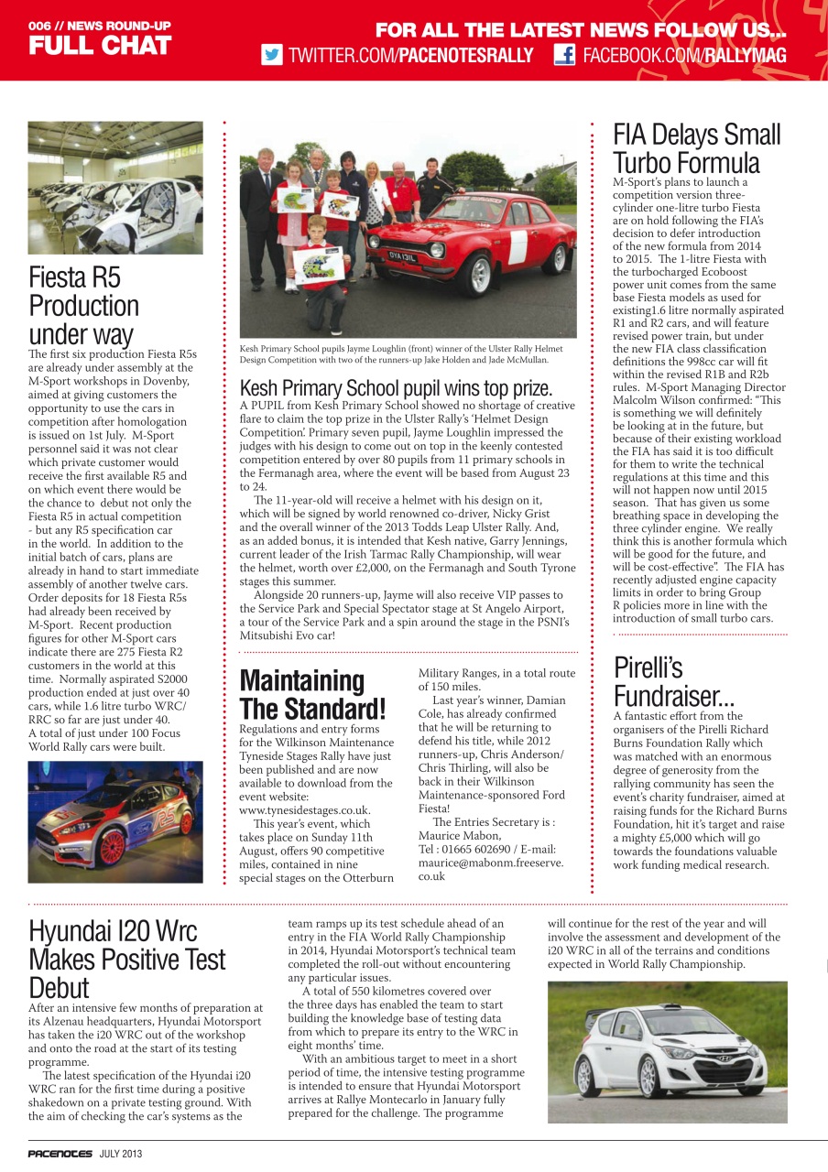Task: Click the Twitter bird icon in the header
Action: click(272, 55)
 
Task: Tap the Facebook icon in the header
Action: click(564, 55)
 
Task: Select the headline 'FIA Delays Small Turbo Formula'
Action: click(696, 149)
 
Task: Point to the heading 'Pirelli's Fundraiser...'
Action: click(673, 681)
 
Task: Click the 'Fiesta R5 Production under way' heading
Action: click(83, 306)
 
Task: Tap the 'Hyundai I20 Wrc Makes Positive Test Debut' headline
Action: click(126, 959)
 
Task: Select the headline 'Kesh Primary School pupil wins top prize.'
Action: click(396, 387)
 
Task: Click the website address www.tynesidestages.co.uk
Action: click(304, 810)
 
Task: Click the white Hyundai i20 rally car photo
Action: click(667, 1051)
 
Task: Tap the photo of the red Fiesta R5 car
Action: click(115, 821)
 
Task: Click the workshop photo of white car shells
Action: click(115, 188)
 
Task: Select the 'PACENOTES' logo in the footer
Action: click(59, 1154)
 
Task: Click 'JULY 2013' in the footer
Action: click(121, 1154)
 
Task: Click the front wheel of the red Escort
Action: click(478, 273)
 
